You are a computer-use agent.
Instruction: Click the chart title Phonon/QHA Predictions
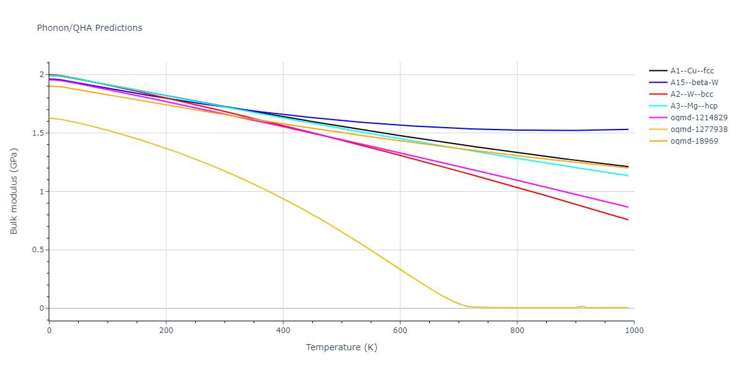[x=89, y=28]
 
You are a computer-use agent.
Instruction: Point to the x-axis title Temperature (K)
[x=341, y=348]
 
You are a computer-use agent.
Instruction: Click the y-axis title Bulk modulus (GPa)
[x=14, y=191]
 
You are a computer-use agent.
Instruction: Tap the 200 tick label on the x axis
[x=166, y=331]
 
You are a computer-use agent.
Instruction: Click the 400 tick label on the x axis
[x=283, y=331]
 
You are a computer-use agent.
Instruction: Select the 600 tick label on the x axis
[x=400, y=331]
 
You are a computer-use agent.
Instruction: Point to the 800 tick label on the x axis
[x=517, y=331]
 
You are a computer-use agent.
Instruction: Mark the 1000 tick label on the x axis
[x=634, y=331]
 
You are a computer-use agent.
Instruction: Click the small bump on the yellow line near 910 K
[x=581, y=306]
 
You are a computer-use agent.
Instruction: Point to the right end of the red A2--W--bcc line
[x=628, y=220]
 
